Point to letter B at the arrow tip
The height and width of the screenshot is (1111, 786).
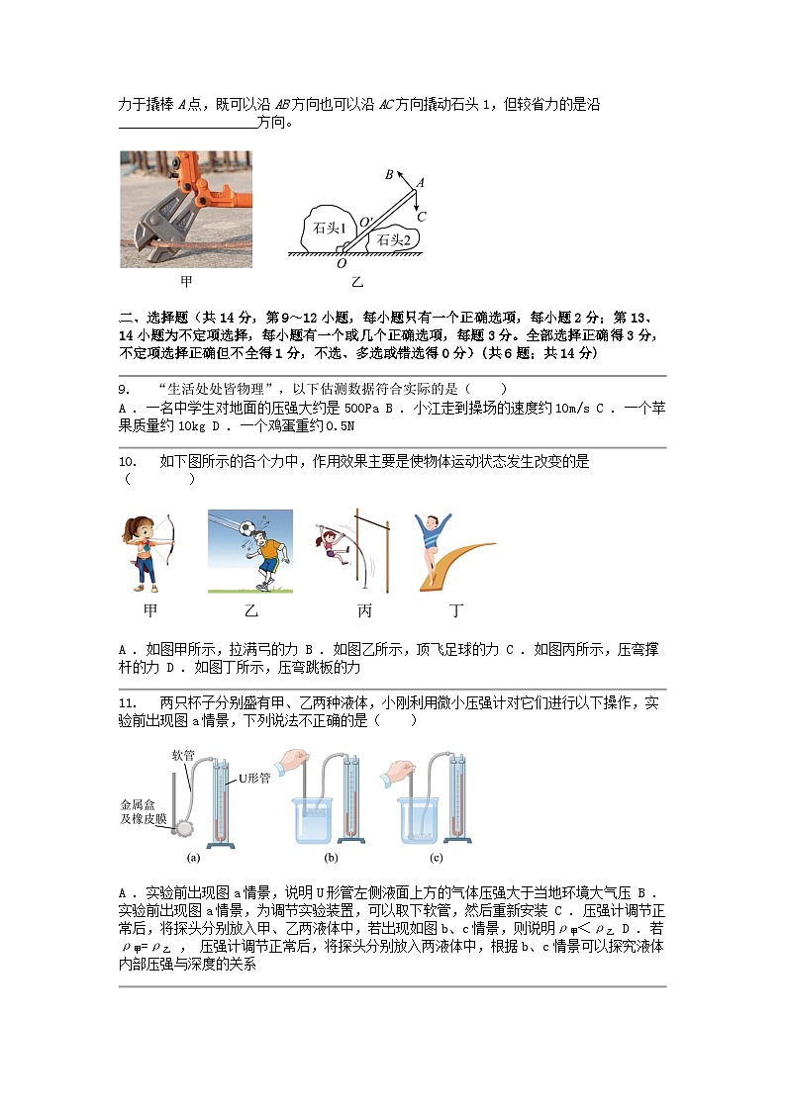[390, 175]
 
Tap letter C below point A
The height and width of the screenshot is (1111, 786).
[421, 216]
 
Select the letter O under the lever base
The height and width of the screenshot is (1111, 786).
[342, 264]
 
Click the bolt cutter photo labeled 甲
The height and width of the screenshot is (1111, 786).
[186, 209]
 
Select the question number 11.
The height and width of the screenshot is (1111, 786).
[128, 703]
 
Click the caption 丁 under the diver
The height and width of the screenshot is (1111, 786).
[456, 611]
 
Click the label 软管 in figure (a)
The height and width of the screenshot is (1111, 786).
[184, 754]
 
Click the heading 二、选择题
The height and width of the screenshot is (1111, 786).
[152, 318]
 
